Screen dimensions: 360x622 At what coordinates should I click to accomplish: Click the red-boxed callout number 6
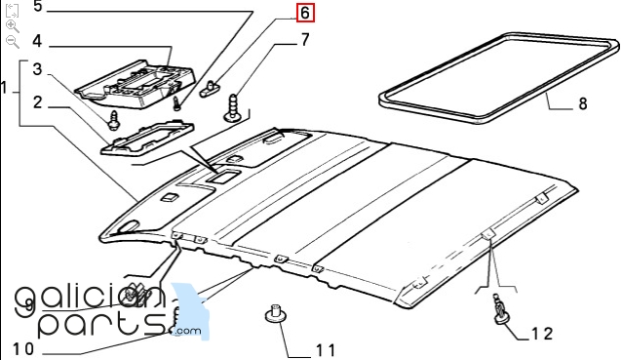coord(305,14)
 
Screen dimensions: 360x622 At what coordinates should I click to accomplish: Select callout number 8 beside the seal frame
coord(582,102)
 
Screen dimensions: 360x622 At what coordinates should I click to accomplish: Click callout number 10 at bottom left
coord(22,349)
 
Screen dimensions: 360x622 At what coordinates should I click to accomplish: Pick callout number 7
coord(304,40)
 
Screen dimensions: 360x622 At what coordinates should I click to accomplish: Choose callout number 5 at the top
coord(38,7)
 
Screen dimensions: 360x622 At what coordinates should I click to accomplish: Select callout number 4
coord(37,41)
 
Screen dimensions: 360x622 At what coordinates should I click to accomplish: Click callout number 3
coord(37,69)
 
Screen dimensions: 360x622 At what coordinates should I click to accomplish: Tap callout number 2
coord(37,101)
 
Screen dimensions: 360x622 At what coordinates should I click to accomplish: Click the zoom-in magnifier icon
coord(12,25)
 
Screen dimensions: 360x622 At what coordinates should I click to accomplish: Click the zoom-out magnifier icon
coord(12,41)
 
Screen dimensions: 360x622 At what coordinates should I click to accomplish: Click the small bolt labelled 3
coord(115,121)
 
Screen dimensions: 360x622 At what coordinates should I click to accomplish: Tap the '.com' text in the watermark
coord(188,332)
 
